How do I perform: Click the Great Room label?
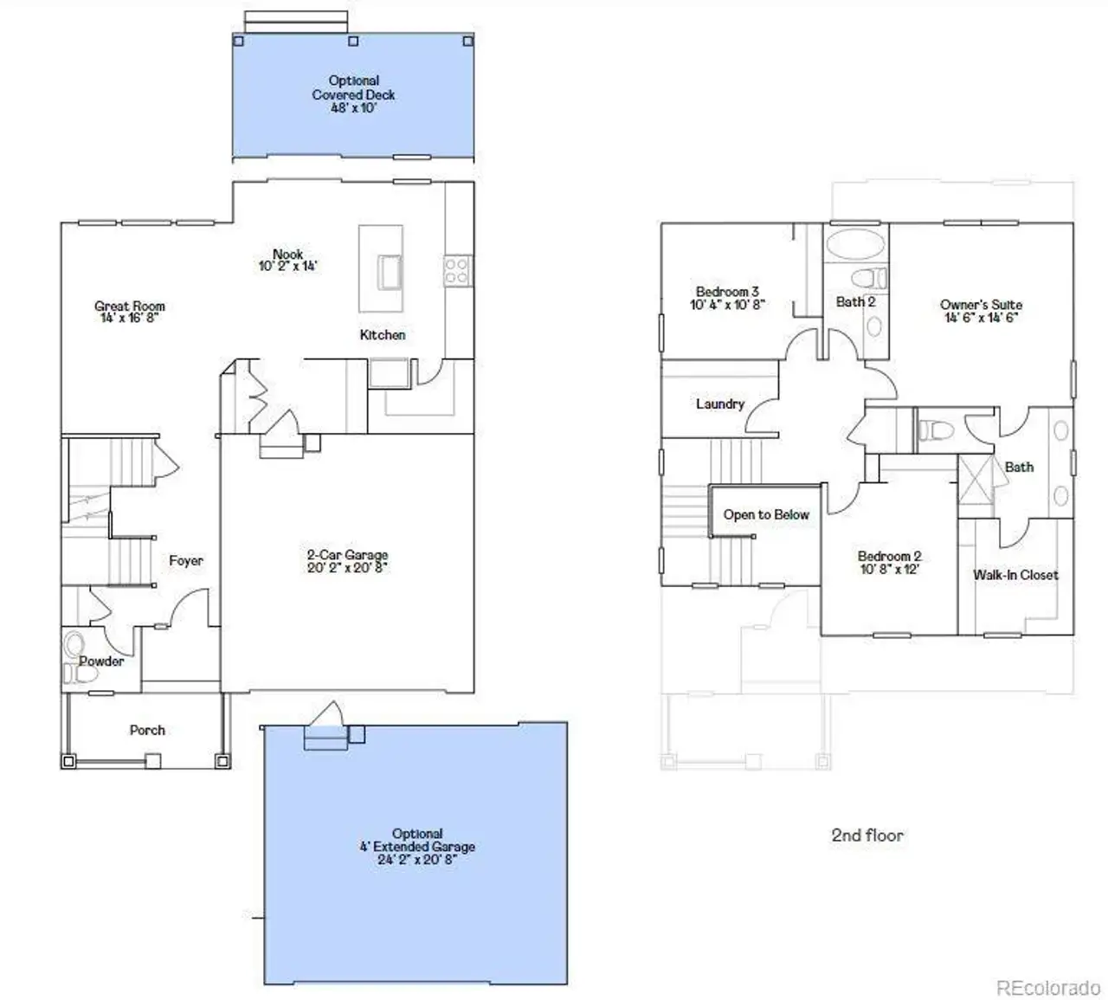pyautogui.click(x=130, y=306)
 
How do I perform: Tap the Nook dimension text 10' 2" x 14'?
pyautogui.click(x=287, y=267)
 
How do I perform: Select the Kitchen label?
pyautogui.click(x=383, y=335)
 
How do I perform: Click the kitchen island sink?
pyautogui.click(x=390, y=272)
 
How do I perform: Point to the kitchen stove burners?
pyautogui.click(x=457, y=271)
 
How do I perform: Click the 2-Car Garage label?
pyautogui.click(x=347, y=555)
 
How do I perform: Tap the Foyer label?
pyautogui.click(x=186, y=561)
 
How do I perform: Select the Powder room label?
pyautogui.click(x=101, y=661)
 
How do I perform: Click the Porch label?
pyautogui.click(x=147, y=730)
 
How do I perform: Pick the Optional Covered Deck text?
pyautogui.click(x=353, y=88)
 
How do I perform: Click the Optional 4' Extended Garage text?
pyautogui.click(x=417, y=841)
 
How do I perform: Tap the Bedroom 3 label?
pyautogui.click(x=727, y=292)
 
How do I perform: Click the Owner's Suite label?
pyautogui.click(x=981, y=305)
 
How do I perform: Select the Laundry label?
pyautogui.click(x=719, y=403)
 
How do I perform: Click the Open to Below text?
pyautogui.click(x=766, y=514)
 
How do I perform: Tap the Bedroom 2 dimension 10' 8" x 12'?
pyautogui.click(x=889, y=570)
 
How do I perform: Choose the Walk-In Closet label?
pyautogui.click(x=1015, y=575)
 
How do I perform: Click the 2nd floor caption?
pyautogui.click(x=867, y=835)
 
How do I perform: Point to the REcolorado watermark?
pyautogui.click(x=1048, y=988)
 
